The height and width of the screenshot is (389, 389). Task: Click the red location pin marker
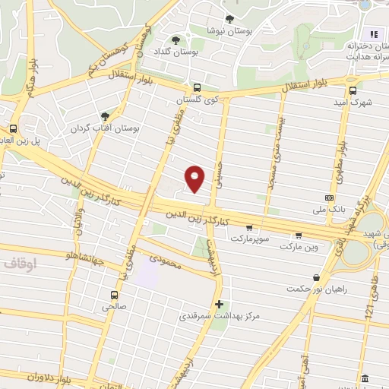[195, 178]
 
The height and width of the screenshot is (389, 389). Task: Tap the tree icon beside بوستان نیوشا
[229, 20]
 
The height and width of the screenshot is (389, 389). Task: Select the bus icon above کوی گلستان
[197, 87]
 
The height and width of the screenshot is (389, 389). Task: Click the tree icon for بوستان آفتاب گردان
[115, 116]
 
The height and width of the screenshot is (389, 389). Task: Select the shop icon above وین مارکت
[298, 235]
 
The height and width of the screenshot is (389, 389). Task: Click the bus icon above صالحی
[114, 295]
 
